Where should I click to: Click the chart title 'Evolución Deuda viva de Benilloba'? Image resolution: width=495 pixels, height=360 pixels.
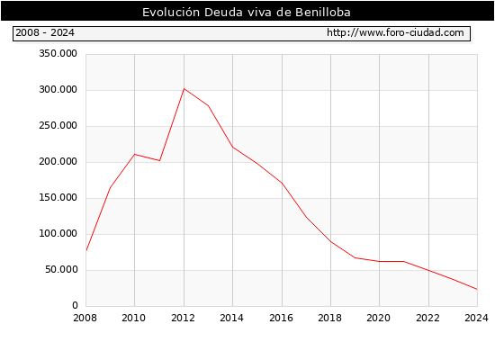247,12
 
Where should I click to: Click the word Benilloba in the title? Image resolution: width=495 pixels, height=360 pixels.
323,12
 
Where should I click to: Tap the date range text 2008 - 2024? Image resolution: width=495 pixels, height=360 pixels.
45,32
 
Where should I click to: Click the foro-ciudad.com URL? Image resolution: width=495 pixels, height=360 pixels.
395,32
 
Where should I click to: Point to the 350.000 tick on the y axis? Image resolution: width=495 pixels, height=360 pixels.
58,53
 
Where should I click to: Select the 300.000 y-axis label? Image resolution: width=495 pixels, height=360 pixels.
58,89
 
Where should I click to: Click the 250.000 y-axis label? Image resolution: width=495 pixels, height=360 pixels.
58,125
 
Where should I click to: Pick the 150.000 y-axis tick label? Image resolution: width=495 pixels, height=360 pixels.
58,197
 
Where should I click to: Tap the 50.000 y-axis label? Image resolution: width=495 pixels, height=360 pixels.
61,269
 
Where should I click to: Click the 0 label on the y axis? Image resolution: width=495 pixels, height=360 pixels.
75,305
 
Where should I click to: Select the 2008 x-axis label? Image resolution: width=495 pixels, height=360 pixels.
85,318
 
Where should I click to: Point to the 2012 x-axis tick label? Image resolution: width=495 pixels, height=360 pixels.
183,318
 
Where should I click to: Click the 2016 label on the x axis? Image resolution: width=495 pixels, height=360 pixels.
282,318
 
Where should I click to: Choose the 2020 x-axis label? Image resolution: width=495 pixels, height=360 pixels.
379,318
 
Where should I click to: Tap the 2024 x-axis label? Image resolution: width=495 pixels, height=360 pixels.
476,318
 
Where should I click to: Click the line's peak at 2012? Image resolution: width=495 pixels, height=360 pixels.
184,89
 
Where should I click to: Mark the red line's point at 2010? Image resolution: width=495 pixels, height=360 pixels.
135,155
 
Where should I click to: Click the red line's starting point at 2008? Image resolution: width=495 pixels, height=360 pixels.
86,250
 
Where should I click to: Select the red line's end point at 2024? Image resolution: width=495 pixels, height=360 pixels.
477,289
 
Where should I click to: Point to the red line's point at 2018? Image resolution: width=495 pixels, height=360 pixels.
331,242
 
